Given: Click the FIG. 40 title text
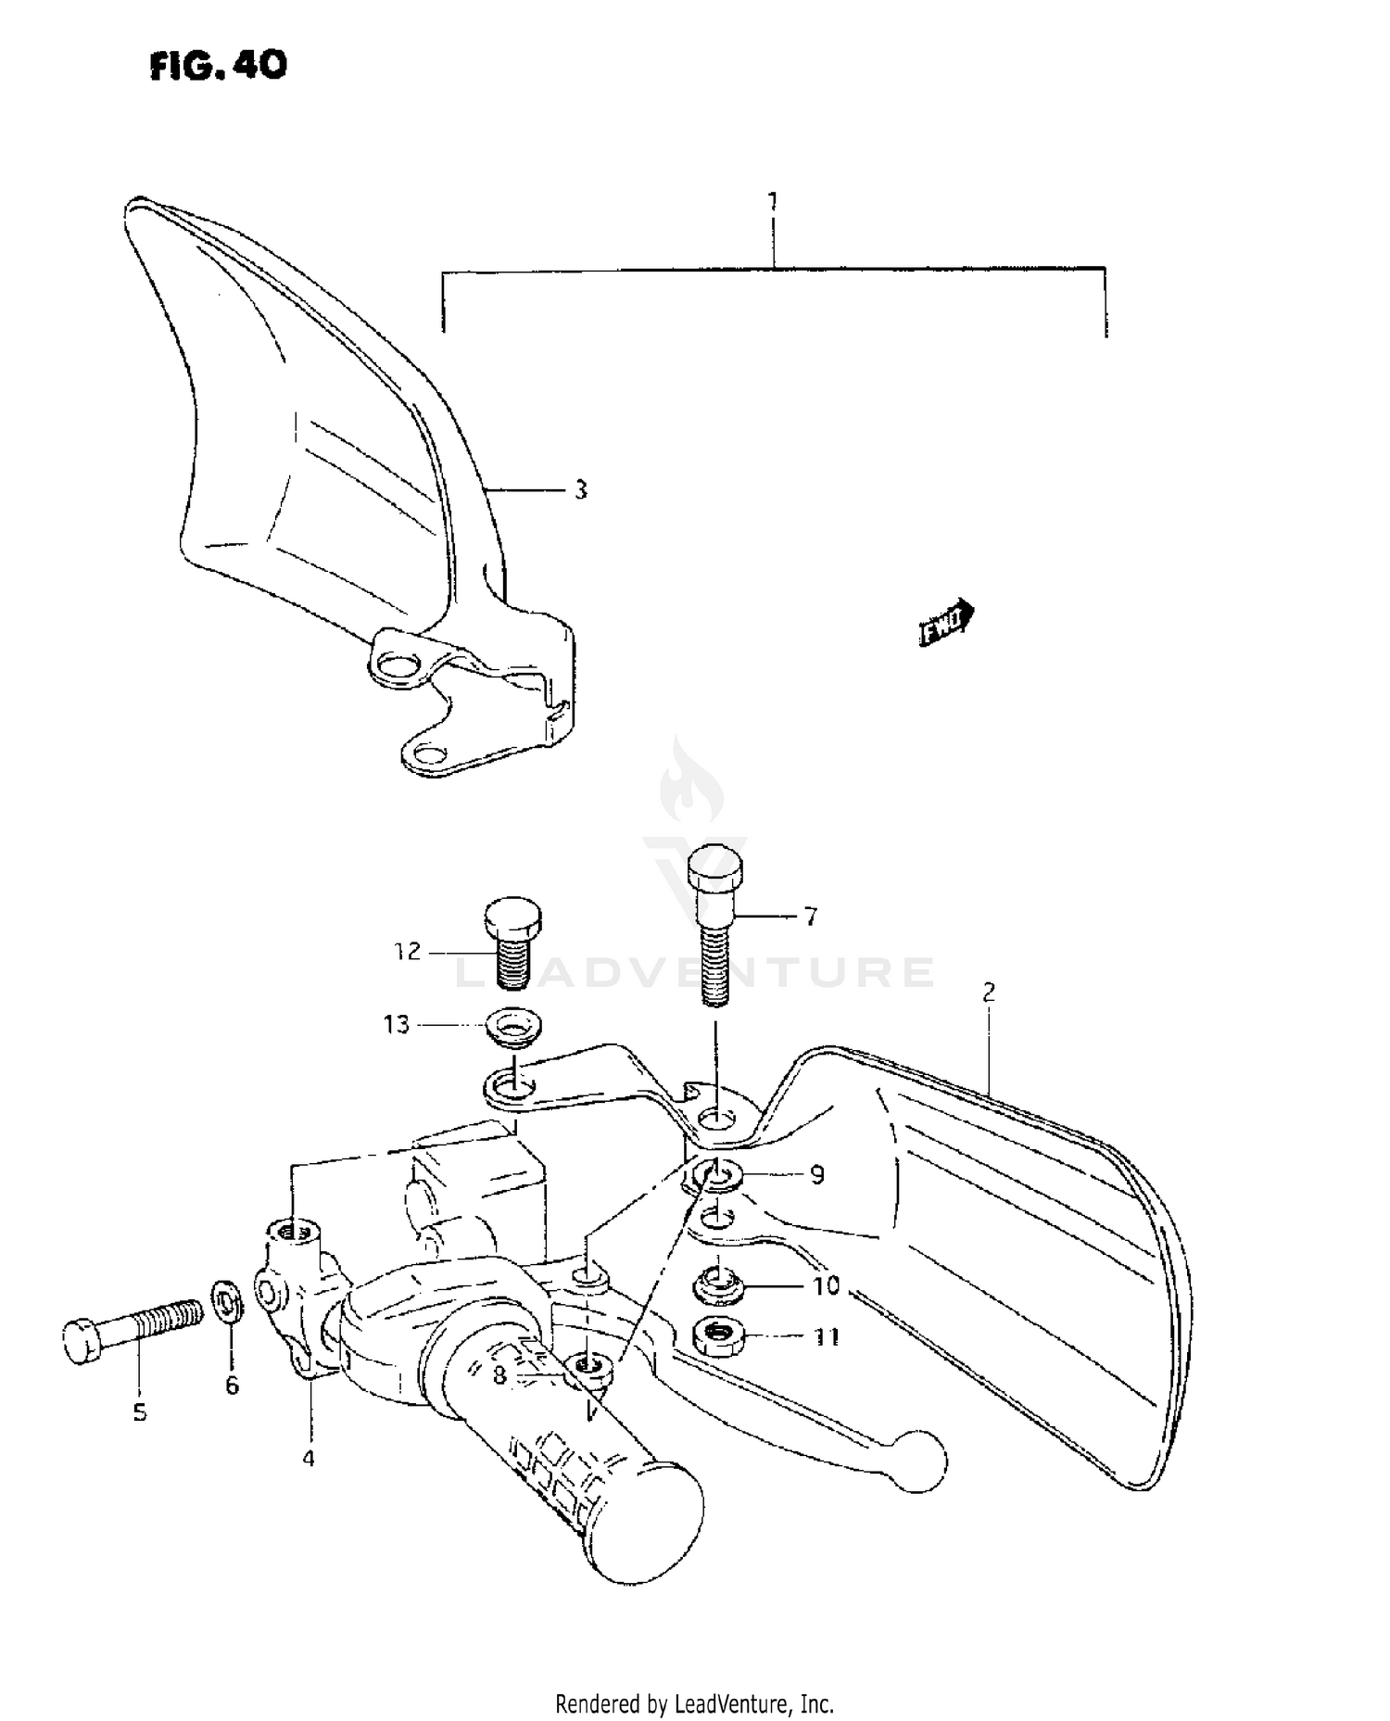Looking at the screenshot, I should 219,65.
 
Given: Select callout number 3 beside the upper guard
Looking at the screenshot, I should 581,490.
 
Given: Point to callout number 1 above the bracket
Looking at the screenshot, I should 773,201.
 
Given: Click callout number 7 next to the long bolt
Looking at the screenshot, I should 811,917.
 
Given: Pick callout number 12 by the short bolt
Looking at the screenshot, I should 408,952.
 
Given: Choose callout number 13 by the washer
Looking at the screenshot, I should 397,1025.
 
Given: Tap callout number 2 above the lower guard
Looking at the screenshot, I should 989,993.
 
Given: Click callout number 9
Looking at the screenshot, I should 816,1175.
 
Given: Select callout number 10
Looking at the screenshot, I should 826,1285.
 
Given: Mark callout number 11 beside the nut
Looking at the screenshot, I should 827,1336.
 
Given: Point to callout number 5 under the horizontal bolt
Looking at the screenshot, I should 140,1412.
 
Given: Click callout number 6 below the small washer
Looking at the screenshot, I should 232,1385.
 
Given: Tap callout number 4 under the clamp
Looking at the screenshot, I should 309,1458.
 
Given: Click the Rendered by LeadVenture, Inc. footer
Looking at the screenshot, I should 694,1703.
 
